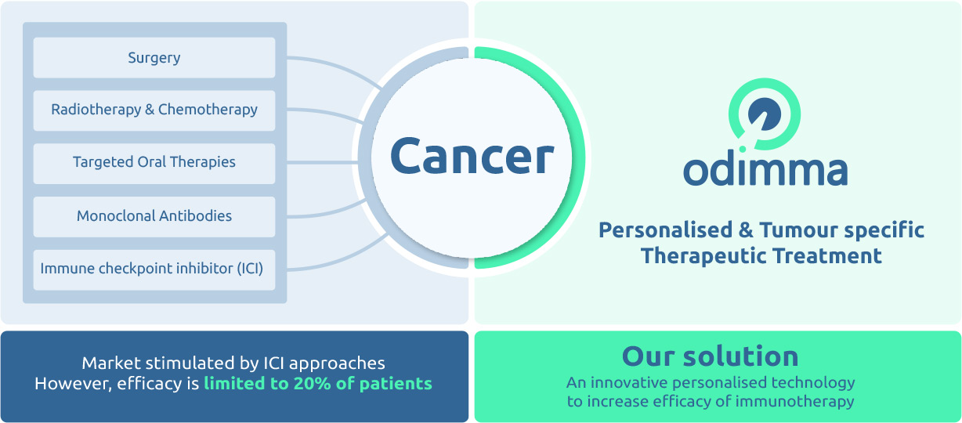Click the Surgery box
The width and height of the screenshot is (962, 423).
coord(154,58)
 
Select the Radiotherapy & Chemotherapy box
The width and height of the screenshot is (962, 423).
coord(154,110)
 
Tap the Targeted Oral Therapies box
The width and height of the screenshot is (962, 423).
coord(154,162)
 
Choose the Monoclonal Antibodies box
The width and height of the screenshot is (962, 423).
coord(154,215)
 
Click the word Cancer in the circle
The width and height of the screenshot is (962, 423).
coord(472,156)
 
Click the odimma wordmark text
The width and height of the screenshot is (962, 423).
coord(765,170)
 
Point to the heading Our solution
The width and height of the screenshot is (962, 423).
coord(710,356)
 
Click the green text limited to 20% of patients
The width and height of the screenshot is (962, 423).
coord(317,384)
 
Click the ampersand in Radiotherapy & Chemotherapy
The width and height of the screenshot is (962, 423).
coord(149,110)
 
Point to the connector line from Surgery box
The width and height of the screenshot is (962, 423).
coord(329,62)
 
